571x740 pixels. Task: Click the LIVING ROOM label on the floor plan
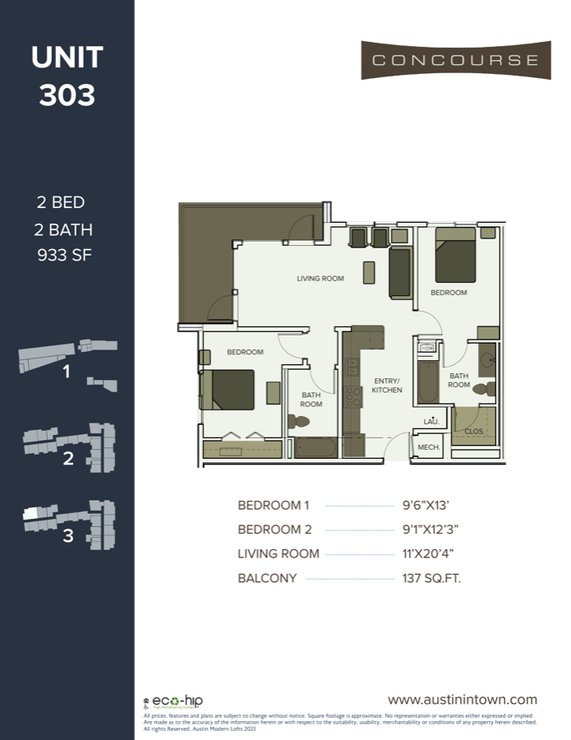tap(320, 279)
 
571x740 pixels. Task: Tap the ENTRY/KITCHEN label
tap(386, 386)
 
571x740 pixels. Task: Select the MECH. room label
tap(429, 447)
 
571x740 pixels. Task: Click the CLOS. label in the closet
tap(474, 430)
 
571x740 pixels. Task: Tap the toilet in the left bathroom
tap(299, 421)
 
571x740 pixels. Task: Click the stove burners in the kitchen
tap(353, 397)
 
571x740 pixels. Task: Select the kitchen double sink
tap(353, 362)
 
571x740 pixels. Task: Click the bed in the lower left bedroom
tap(228, 389)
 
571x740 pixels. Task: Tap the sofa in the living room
tap(400, 273)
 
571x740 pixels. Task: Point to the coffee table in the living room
tap(369, 273)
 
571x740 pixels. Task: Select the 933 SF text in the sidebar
tap(66, 254)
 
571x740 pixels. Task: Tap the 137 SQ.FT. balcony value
tap(431, 578)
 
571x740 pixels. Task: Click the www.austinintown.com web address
tap(463, 700)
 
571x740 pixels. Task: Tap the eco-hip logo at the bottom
tap(177, 701)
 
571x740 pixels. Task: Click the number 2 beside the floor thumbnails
tap(68, 459)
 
